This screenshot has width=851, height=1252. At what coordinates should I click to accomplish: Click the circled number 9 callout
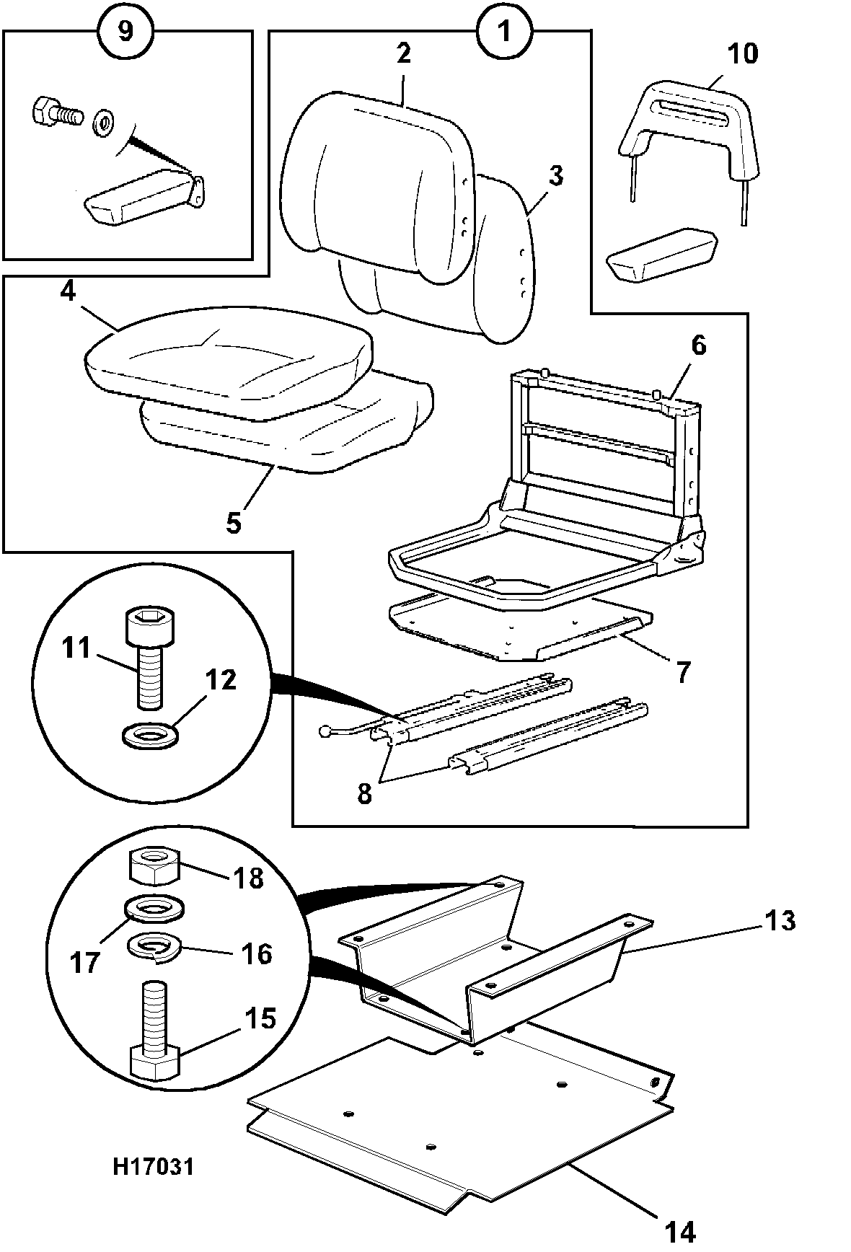[x=125, y=32]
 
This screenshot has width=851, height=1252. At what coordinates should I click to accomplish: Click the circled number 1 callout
[x=504, y=32]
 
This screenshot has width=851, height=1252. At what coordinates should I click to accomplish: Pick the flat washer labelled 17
[x=154, y=907]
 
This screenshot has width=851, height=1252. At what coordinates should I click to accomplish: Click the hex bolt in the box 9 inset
[x=56, y=114]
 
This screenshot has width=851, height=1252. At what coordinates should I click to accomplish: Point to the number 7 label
[x=682, y=673]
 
